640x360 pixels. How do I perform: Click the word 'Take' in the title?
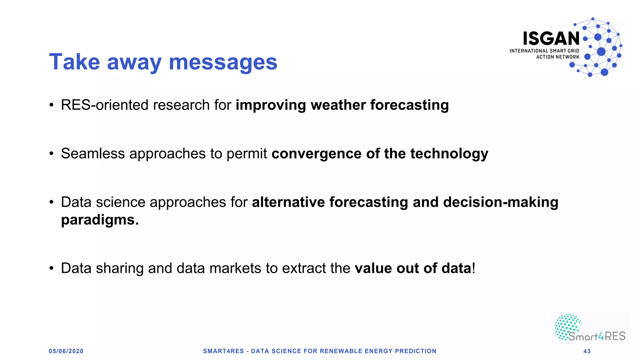pos(74,62)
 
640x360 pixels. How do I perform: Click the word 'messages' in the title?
pos(223,62)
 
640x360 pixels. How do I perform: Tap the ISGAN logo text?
pos(551,39)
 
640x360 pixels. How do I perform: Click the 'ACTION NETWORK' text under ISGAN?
pos(557,57)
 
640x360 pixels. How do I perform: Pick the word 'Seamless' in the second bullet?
pos(93,154)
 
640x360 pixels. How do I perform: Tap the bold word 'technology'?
pos(449,154)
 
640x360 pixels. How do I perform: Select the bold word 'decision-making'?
pos(501,202)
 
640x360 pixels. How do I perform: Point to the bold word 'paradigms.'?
pos(100,220)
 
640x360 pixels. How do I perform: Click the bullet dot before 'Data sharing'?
pos(52,268)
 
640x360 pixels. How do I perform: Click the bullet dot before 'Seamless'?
pos(52,154)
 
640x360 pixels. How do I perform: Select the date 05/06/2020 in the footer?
pos(66,351)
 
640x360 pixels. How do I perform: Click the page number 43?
pos(587,351)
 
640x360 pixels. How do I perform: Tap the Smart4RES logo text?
pos(597,336)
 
